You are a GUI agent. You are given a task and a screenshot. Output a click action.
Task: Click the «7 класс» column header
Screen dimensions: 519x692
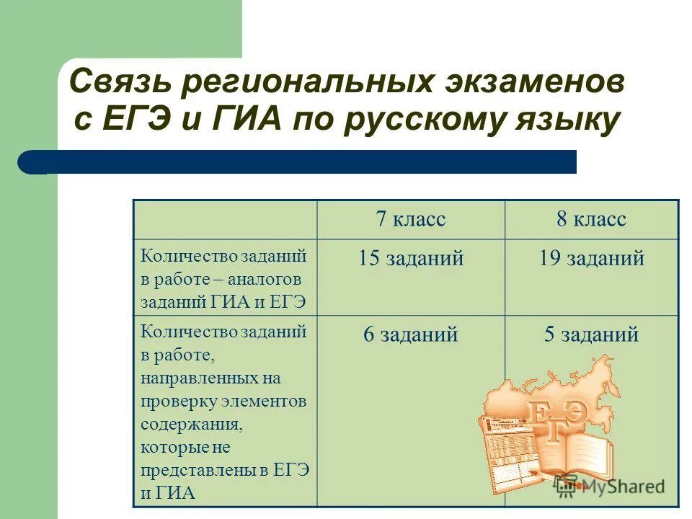[x=410, y=219]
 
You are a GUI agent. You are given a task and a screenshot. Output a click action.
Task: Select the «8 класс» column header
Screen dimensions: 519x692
[x=591, y=219]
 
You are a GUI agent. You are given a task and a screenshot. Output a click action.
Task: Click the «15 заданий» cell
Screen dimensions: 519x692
[x=411, y=259]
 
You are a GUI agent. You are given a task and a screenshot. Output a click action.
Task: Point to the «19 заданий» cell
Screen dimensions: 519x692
[x=591, y=259]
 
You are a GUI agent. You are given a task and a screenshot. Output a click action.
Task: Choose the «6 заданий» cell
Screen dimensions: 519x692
[x=411, y=334]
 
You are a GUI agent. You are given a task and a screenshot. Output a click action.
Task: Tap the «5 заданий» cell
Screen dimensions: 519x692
[x=591, y=334]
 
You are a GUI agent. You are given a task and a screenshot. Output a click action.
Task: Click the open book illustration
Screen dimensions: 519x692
[x=577, y=451]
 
